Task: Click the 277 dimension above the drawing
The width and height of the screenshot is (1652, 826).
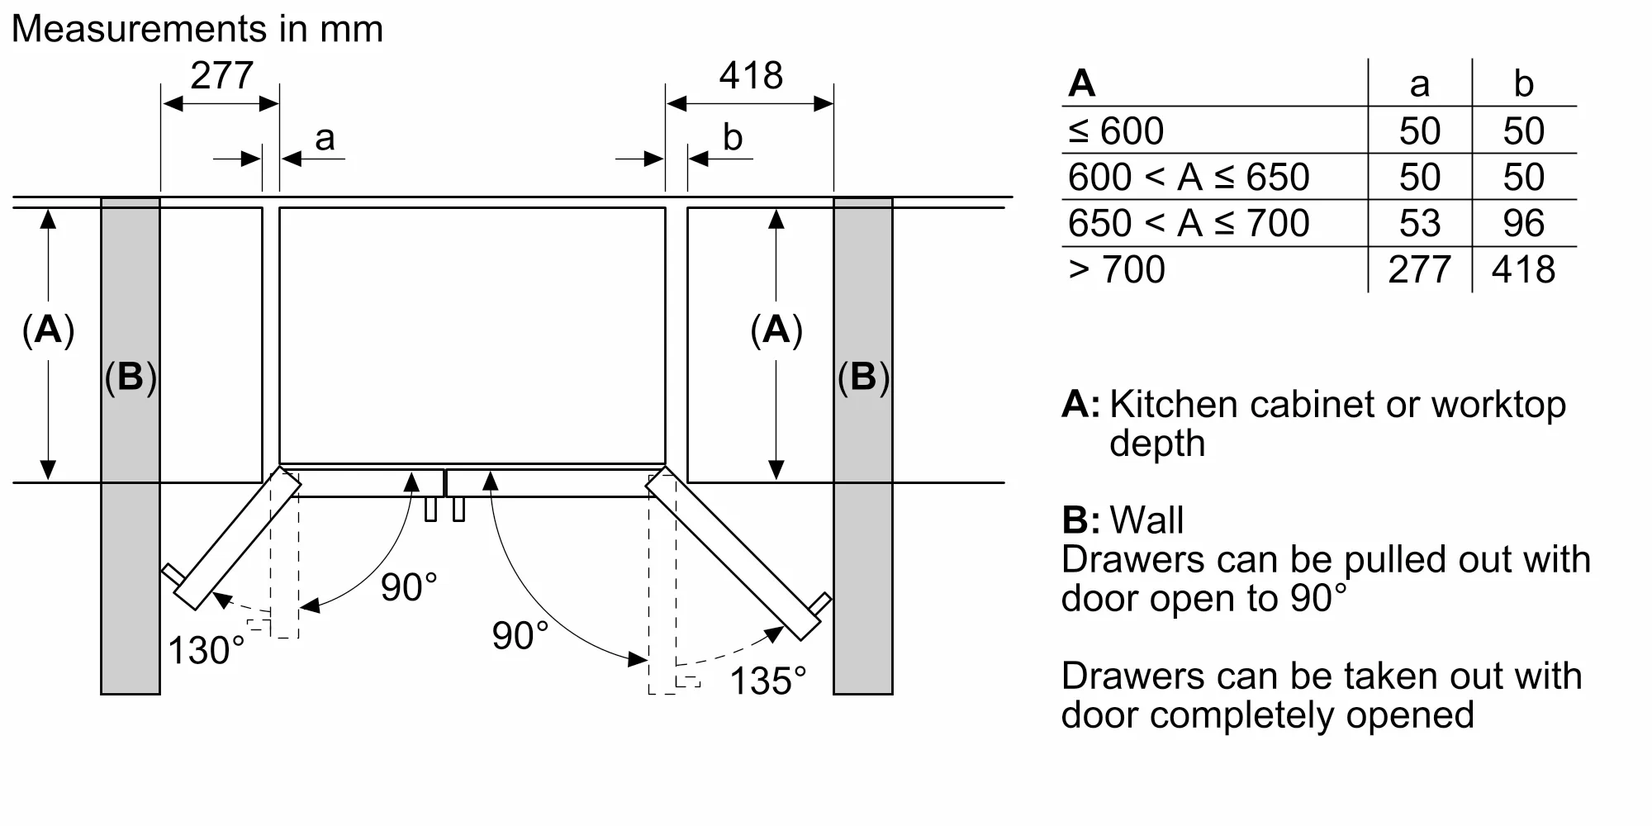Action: tap(221, 76)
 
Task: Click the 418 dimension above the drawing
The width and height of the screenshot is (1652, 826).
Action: tap(750, 76)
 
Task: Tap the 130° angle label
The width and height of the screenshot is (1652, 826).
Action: tap(206, 651)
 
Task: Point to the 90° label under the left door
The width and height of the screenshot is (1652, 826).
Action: tap(409, 587)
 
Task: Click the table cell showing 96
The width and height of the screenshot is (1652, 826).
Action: tap(1523, 223)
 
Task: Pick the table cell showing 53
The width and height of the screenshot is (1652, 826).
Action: tap(1419, 223)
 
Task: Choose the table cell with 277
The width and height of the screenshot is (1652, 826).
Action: tap(1419, 269)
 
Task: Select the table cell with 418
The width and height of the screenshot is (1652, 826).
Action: tap(1523, 269)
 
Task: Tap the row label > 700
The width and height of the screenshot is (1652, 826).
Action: tap(1116, 269)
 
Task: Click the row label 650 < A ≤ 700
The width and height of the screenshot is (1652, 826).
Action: tap(1188, 223)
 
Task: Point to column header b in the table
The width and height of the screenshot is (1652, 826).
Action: tap(1523, 83)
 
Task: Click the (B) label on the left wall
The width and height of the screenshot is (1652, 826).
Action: tap(131, 377)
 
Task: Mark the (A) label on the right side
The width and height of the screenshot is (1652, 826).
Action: tap(776, 330)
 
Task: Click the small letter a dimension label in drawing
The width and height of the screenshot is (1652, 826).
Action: tap(325, 138)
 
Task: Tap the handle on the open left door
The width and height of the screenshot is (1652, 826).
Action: tap(171, 572)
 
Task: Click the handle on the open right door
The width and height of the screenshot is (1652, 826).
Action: tap(822, 602)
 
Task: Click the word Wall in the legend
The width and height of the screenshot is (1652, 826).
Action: tap(1146, 520)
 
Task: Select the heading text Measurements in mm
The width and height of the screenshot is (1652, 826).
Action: tap(197, 29)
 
